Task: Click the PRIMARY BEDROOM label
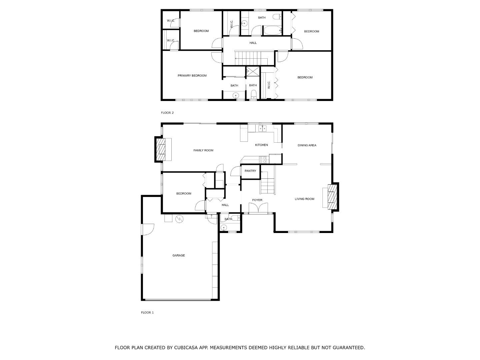pyautogui.click(x=192, y=76)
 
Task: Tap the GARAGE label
pyautogui.click(x=179, y=256)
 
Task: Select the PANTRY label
pyautogui.click(x=250, y=171)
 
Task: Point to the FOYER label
pyautogui.click(x=257, y=200)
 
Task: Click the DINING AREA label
pyautogui.click(x=307, y=145)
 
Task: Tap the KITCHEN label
pyautogui.click(x=261, y=145)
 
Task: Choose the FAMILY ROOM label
pyautogui.click(x=203, y=150)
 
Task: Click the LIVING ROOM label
pyautogui.click(x=305, y=199)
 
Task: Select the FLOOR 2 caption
pyautogui.click(x=167, y=113)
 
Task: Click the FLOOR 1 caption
pyautogui.click(x=147, y=313)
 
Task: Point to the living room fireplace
pyautogui.click(x=332, y=197)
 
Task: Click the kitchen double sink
pyautogui.click(x=263, y=128)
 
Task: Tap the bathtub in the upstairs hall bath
pyautogui.click(x=272, y=31)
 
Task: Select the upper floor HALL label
pyautogui.click(x=253, y=43)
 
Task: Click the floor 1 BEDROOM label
pyautogui.click(x=184, y=194)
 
